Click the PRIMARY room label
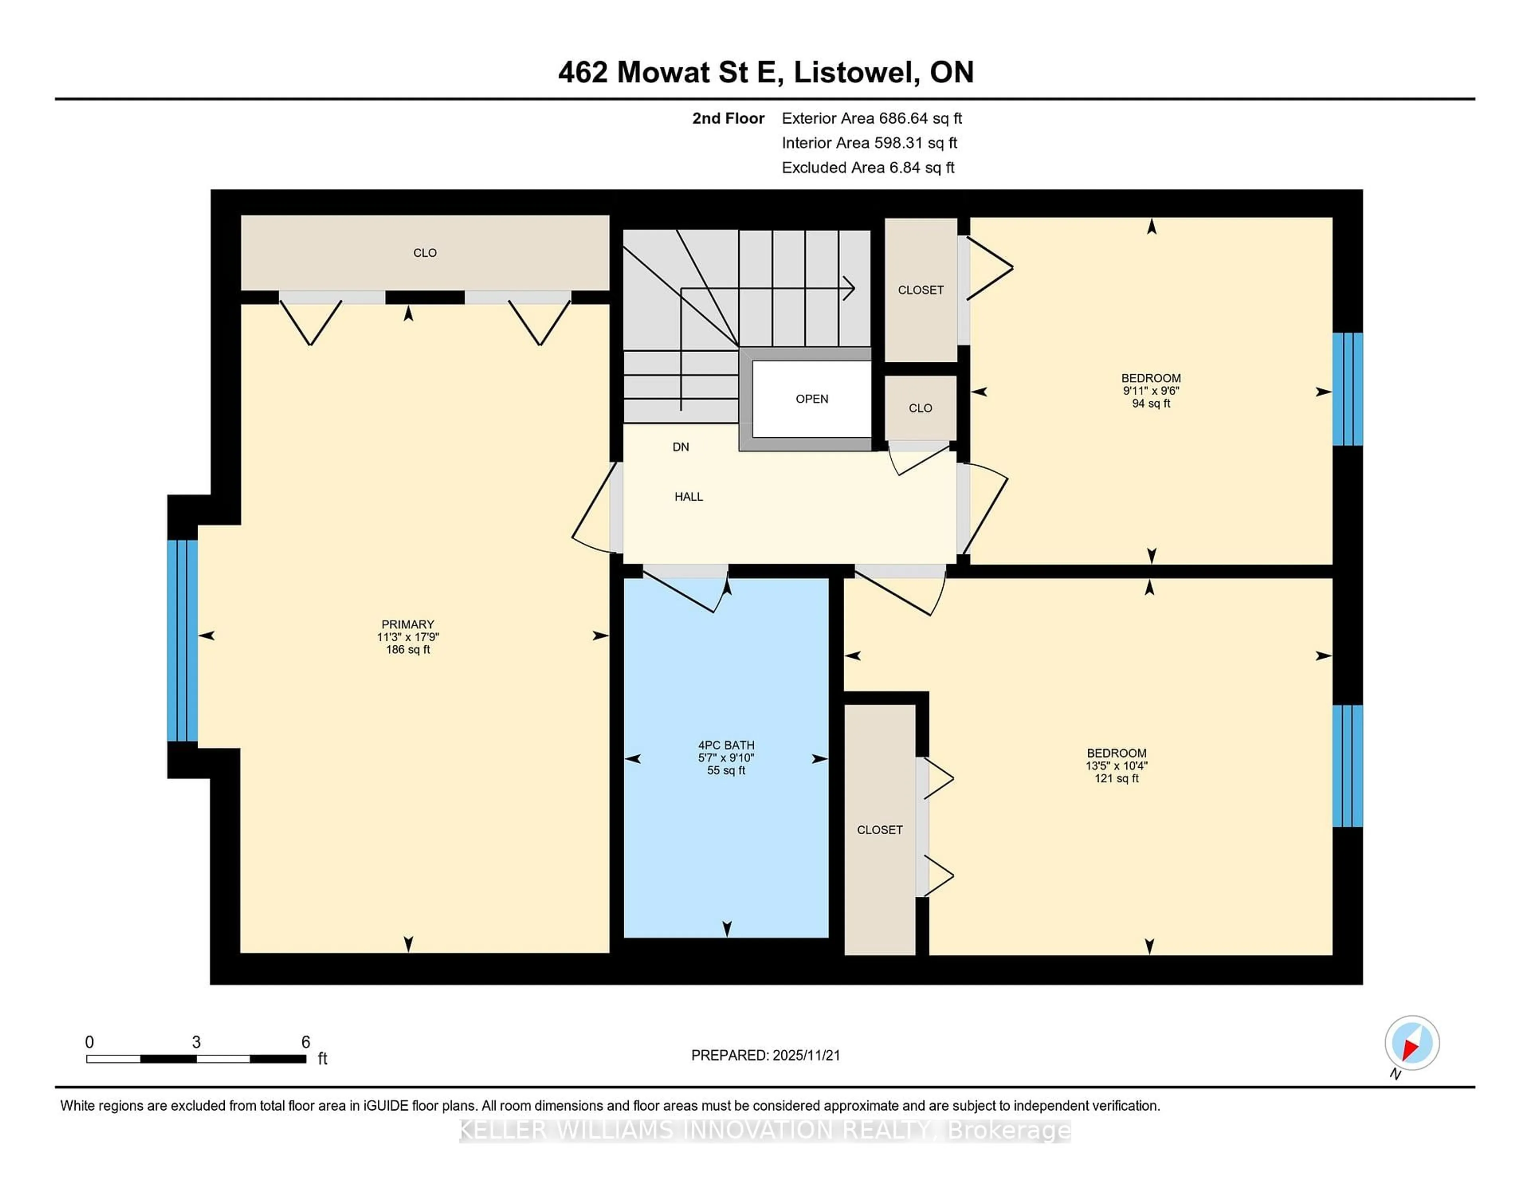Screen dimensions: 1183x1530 click(407, 624)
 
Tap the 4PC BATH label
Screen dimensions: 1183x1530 click(726, 745)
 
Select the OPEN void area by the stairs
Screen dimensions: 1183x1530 click(811, 399)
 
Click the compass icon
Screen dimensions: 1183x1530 click(1412, 1043)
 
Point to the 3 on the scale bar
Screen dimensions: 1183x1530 click(196, 1042)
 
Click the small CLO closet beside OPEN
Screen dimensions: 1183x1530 click(920, 408)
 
